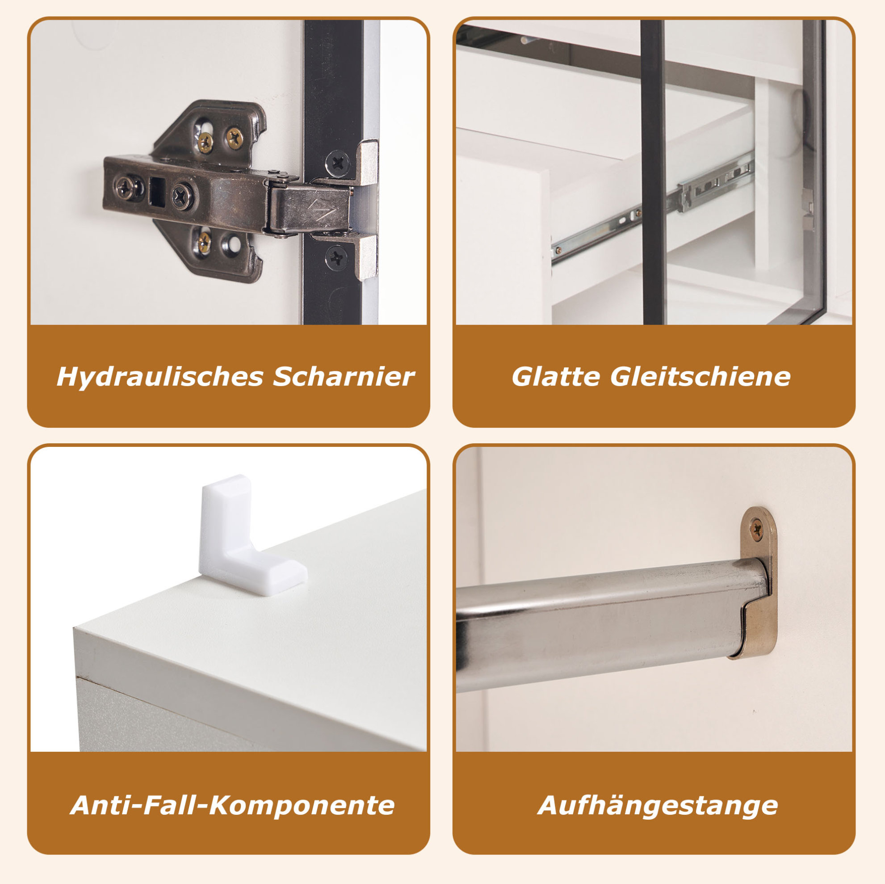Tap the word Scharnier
(344, 377)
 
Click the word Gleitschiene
(700, 377)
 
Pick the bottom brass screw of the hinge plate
(204, 239)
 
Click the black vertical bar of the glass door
(652, 173)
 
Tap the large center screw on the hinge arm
(183, 196)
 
